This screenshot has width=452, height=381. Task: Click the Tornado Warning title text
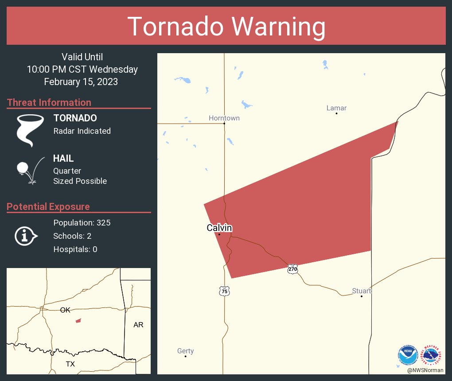[226, 27]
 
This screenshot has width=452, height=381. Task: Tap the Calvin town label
[219, 228]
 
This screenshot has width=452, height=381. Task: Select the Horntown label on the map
[224, 118]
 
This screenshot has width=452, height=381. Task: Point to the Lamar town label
[336, 108]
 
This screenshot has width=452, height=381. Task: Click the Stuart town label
[362, 291]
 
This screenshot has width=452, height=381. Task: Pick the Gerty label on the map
[185, 351]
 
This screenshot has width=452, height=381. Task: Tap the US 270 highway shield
[292, 269]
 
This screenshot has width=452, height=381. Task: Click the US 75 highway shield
[225, 291]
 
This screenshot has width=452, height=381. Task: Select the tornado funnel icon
[30, 130]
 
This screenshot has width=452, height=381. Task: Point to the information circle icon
[26, 236]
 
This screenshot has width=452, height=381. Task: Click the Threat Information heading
[49, 102]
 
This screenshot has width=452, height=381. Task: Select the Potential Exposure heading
[48, 206]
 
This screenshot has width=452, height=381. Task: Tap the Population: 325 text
[82, 222]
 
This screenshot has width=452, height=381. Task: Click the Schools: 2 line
[72, 236]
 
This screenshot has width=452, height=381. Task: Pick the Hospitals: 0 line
[75, 249]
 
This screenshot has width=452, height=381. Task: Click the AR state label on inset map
[138, 325]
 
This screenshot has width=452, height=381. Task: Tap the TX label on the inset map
[70, 364]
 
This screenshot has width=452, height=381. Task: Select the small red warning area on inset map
[78, 320]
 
